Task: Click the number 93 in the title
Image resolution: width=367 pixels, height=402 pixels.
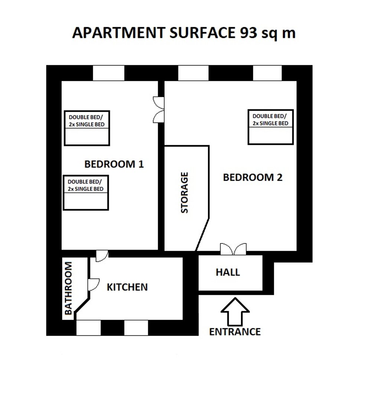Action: tap(249, 33)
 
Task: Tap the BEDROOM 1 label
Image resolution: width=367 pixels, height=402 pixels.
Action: tap(114, 164)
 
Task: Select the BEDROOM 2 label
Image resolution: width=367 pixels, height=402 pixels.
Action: tap(253, 178)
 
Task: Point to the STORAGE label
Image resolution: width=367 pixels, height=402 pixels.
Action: tap(185, 192)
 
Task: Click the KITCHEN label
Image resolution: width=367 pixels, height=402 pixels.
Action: tap(127, 287)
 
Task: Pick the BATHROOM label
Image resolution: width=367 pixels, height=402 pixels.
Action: tap(68, 288)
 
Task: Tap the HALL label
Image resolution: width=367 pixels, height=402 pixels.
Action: tap(228, 272)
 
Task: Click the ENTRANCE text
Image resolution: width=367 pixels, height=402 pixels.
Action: tap(235, 332)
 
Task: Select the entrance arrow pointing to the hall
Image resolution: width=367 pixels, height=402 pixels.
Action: tap(235, 311)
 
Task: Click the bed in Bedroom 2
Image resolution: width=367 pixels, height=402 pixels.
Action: tap(270, 127)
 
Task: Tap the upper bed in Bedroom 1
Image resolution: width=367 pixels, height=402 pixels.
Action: tap(87, 128)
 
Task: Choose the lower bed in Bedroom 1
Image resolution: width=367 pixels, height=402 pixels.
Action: tap(86, 193)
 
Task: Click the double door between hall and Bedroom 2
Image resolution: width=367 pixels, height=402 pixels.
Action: tap(233, 249)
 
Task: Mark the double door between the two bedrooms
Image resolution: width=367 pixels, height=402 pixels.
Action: tap(159, 110)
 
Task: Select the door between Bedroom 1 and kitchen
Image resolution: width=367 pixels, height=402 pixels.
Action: tap(102, 256)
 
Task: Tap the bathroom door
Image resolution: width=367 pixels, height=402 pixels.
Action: tap(93, 285)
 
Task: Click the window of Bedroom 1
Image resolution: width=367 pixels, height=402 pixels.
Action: tap(108, 73)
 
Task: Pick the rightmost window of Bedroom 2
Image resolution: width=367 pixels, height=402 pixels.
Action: tap(267, 73)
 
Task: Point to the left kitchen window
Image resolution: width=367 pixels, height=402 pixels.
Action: tap(88, 328)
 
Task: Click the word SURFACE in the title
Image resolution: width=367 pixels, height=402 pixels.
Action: tap(202, 33)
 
